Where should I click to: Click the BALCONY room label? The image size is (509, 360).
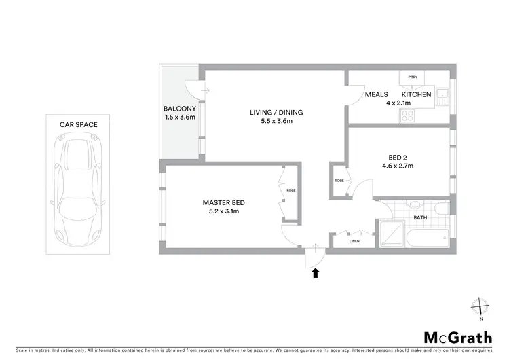[179, 109]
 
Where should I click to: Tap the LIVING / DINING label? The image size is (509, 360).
[276, 112]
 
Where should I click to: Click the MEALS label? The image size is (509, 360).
[376, 94]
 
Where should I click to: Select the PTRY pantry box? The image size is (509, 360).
[412, 78]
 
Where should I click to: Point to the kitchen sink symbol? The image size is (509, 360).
[442, 97]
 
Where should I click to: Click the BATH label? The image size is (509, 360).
[421, 217]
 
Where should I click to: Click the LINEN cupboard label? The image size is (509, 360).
[354, 242]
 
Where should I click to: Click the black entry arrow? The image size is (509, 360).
[315, 273]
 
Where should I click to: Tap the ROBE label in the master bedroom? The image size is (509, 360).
[290, 191]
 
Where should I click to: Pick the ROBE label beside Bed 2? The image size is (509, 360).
[338, 181]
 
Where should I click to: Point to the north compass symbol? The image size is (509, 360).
[480, 308]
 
